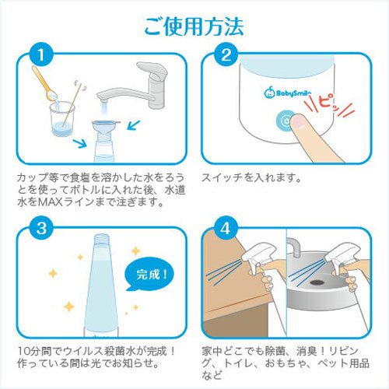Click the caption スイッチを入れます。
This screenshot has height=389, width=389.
click(x=250, y=177)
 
